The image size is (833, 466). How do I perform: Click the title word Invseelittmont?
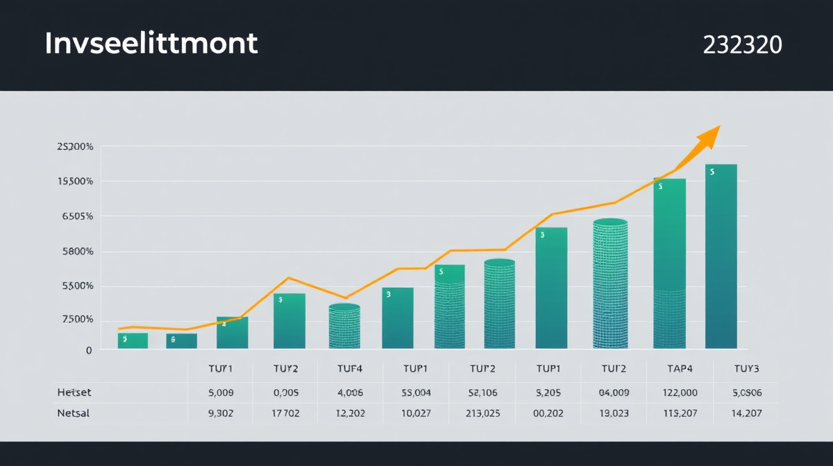(151, 44)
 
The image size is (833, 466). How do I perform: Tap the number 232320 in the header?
(742, 45)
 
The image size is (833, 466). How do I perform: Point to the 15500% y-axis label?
(74, 182)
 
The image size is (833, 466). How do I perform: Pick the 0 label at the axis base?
(88, 351)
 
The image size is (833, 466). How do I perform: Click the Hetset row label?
(74, 392)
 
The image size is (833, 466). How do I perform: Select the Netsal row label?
(74, 413)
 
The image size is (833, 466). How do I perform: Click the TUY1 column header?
(221, 369)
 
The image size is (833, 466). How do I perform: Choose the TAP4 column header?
(680, 369)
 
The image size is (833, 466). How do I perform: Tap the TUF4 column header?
(350, 369)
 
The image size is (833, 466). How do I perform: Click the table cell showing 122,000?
(680, 392)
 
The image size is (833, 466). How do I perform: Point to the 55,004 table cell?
(416, 392)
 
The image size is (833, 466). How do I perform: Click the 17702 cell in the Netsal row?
(285, 413)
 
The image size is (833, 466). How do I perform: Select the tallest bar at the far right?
(721, 257)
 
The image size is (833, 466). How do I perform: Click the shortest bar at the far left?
(133, 340)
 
